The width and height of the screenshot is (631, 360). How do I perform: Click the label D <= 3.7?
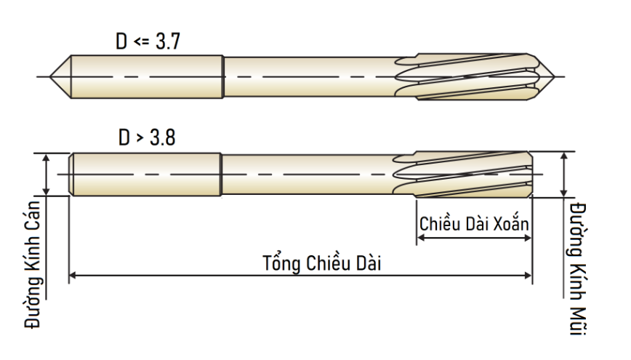pyautogui.click(x=148, y=41)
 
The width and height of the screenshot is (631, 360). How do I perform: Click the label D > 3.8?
pyautogui.click(x=147, y=137)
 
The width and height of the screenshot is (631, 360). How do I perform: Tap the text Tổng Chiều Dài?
pyautogui.click(x=321, y=263)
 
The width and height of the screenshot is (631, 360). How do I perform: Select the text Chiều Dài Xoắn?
pyautogui.click(x=474, y=223)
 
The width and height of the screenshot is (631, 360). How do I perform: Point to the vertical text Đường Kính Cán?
pyautogui.click(x=33, y=264)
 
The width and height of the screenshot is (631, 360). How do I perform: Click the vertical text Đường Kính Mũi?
pyautogui.click(x=578, y=268)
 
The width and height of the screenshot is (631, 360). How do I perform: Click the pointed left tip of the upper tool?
pyautogui.click(x=50, y=76)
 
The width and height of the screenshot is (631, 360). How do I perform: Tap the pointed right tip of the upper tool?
pyautogui.click(x=555, y=76)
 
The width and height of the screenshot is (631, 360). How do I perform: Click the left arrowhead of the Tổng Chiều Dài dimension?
pyautogui.click(x=73, y=276)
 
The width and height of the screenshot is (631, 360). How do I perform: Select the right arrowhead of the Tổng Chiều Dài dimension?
pyautogui.click(x=528, y=276)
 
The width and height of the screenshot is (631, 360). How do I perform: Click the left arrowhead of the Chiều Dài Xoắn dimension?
pyautogui.click(x=420, y=238)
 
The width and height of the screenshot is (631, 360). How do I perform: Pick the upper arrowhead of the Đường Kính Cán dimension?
pyautogui.click(x=47, y=157)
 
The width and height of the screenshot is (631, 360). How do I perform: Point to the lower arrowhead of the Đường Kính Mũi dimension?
pyautogui.click(x=564, y=193)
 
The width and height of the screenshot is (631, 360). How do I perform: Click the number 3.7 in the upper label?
pyautogui.click(x=167, y=41)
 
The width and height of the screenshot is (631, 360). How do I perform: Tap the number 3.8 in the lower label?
pyautogui.click(x=163, y=137)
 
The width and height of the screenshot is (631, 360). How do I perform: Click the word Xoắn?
pyautogui.click(x=511, y=223)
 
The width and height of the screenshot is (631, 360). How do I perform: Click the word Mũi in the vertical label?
pyautogui.click(x=578, y=321)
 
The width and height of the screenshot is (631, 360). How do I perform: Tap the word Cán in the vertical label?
pyautogui.click(x=33, y=215)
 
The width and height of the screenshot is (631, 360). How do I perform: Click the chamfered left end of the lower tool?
pyautogui.click(x=71, y=175)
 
